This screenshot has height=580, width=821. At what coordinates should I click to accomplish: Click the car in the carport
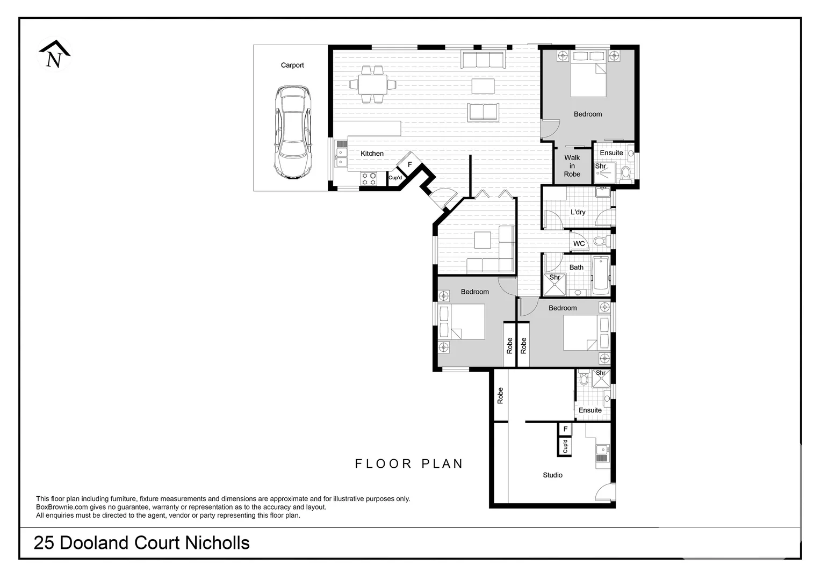click(292, 132)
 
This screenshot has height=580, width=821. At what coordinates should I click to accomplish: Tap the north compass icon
click(54, 54)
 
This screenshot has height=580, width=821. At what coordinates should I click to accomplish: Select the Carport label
click(292, 66)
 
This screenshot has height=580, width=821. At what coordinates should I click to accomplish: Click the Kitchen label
click(372, 154)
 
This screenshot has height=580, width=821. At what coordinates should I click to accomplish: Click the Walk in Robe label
click(572, 166)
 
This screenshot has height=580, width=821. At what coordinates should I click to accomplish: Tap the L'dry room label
click(578, 212)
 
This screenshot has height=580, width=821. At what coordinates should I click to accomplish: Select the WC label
click(579, 244)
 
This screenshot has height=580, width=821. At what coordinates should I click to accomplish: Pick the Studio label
click(552, 475)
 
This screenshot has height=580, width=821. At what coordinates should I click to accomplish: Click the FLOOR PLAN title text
click(409, 464)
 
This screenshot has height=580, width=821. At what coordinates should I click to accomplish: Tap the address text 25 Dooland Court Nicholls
click(142, 543)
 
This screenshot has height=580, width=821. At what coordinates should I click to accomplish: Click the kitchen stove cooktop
click(369, 179)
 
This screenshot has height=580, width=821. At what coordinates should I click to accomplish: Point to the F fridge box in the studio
click(565, 429)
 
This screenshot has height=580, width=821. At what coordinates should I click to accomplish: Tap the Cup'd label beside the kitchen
click(395, 178)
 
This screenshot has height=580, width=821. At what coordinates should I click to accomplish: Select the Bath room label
click(576, 267)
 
